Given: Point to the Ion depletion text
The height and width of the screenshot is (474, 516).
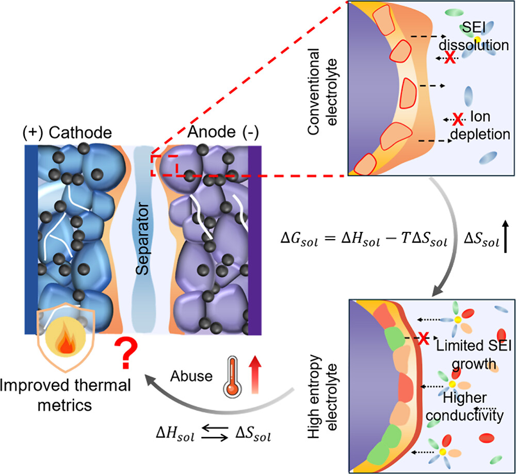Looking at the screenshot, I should [485, 126].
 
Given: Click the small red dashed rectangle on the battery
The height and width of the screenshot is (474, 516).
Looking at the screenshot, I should [164, 165].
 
